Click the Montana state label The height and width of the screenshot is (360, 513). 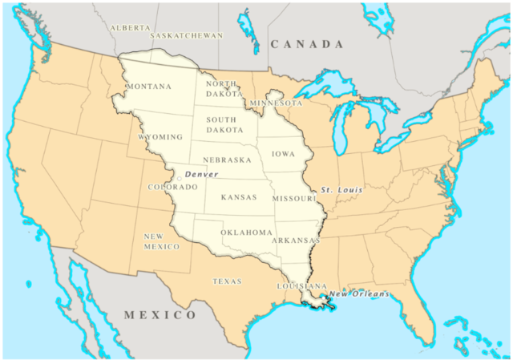pos(150,86)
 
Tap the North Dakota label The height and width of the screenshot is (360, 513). pos(221,88)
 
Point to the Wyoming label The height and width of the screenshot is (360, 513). pos(160,137)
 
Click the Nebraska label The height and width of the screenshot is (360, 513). pos(228,160)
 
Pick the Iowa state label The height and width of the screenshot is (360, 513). pos(283,153)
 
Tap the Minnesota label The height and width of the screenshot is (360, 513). pos(276,103)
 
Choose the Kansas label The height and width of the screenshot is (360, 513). pos(239,196)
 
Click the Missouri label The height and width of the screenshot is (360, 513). pos(295,197)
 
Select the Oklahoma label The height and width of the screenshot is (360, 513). pos(247,233)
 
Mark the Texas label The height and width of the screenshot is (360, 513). pos(227,281)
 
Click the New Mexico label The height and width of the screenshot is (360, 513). pos(161,241)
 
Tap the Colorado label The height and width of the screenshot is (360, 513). pos(172,187)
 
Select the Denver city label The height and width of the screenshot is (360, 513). pos(201,174)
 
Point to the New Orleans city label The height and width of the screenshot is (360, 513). pos(359,293)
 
